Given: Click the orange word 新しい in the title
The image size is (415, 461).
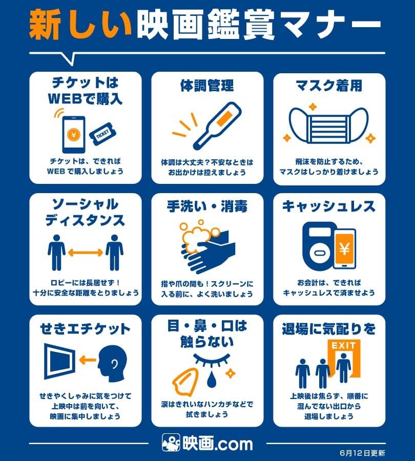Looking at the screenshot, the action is point(80,25).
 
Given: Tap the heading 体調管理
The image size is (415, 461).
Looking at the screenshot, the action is point(207,86).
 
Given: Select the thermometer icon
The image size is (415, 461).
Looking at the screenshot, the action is point(217,125).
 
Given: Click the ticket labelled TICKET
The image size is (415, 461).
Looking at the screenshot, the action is point(102,134).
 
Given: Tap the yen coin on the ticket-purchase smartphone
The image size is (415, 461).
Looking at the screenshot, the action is point(74,135).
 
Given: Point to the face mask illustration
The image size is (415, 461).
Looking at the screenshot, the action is point(328,125).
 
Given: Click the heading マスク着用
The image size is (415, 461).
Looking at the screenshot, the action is point(329,86).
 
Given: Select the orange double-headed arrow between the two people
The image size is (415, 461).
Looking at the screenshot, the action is point(85,252).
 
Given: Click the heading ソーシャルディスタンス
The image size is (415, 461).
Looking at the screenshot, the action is point(85,212).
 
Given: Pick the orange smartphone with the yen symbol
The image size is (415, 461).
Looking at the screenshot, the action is point(345,249).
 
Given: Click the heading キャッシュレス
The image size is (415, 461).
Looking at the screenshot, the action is point(329,206).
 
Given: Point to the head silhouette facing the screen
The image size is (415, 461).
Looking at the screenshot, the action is point(113,363).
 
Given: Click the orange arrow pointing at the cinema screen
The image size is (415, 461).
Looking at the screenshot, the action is point(87,360).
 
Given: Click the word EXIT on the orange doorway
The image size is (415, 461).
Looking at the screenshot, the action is point(344,345).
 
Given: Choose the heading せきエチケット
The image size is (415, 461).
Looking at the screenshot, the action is point(85,329).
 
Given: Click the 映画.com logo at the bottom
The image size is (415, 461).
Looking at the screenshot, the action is point(208,443).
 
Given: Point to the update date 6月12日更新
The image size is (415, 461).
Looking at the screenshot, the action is point(362,453).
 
